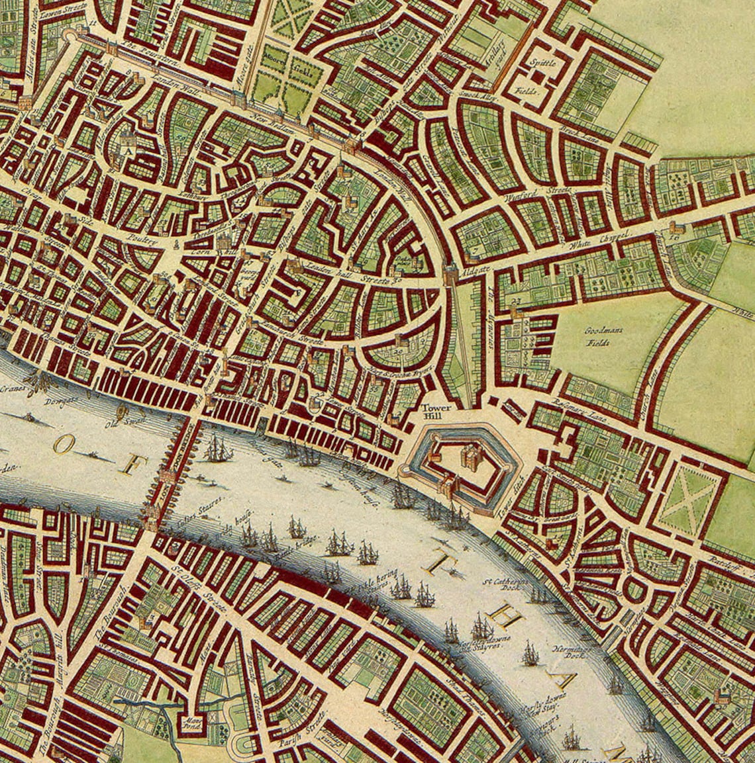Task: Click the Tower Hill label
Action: click(435, 412)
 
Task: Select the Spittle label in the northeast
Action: click(541, 64)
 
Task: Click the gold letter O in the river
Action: click(62, 446)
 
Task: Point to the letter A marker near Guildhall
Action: click(125, 150)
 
